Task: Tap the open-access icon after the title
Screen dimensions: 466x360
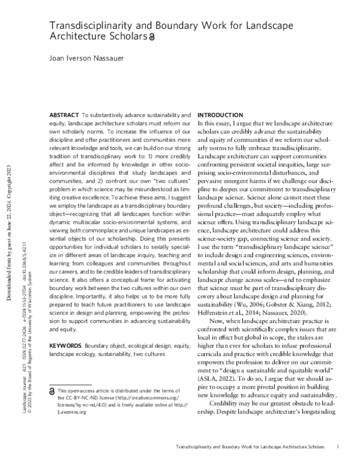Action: coord(151,37)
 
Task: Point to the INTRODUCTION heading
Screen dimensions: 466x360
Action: coord(220,115)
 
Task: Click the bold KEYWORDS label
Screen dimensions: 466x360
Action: coord(83,346)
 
